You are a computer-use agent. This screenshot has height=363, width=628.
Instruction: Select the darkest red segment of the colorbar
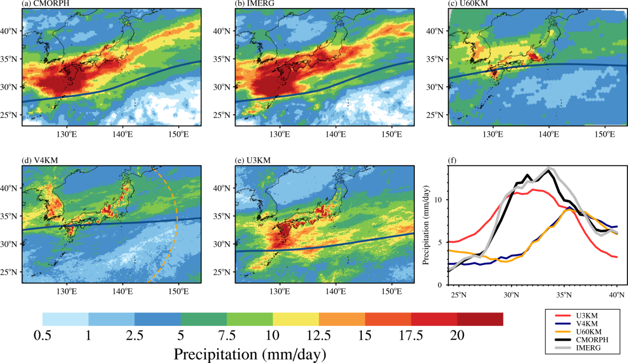480,319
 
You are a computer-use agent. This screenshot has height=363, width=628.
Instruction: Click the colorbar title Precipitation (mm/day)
250,354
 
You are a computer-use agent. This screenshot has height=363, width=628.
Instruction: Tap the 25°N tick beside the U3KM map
226,272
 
